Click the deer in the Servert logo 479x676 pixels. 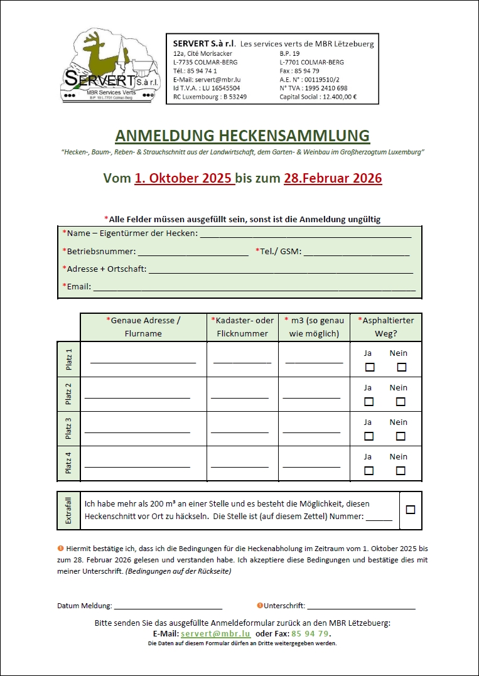[x=101, y=54]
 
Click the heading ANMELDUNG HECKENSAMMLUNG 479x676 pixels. [x=242, y=136]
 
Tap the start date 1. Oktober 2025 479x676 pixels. [x=185, y=178]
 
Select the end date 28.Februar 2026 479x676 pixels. [x=333, y=178]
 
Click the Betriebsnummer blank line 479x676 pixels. [x=193, y=254]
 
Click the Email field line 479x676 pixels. [x=254, y=289]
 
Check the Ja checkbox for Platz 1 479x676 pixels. [x=369, y=367]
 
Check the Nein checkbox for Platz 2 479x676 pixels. [x=401, y=402]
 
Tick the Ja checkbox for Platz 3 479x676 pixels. [x=369, y=436]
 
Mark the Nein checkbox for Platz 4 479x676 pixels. [x=401, y=471]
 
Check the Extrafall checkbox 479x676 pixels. [x=411, y=510]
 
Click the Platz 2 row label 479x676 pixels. [x=68, y=394]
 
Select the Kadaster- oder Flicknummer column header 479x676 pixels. [x=242, y=327]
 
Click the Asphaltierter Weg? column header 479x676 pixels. [x=386, y=327]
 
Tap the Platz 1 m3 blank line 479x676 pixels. [x=314, y=362]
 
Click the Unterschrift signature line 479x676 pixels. [x=361, y=608]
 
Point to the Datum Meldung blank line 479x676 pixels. [x=168, y=608]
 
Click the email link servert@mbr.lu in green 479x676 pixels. [x=215, y=634]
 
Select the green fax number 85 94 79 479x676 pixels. [x=309, y=634]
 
